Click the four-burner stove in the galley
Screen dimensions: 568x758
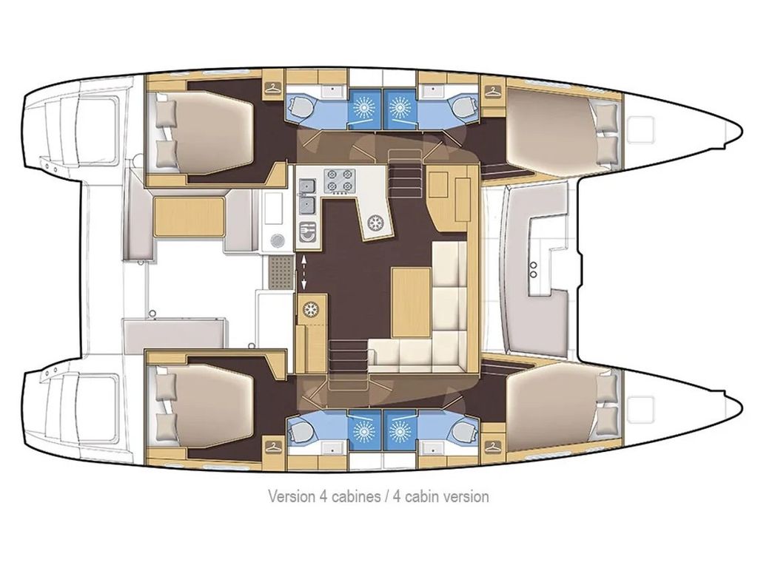click(340, 180)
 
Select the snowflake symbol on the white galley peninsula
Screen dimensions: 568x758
click(376, 221)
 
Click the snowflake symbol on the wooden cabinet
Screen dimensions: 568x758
click(312, 308)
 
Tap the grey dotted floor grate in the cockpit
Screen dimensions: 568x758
click(280, 273)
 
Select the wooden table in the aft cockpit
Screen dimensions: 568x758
click(189, 217)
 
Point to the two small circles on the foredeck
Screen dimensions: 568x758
click(533, 267)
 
